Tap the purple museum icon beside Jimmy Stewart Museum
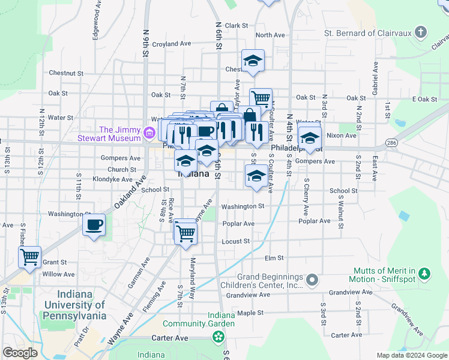coord(148,130)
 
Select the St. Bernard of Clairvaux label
coord(367,33)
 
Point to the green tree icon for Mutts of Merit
coord(424,274)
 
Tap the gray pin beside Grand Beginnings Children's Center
coord(312,280)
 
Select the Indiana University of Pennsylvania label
coord(82,305)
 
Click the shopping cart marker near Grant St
coord(29,257)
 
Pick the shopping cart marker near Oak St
coord(261,98)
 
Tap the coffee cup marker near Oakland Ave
coord(93,226)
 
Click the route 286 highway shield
coord(391,143)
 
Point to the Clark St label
coord(237,25)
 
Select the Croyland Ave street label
coord(171,44)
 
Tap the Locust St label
coord(236,241)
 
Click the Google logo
coord(20,353)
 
